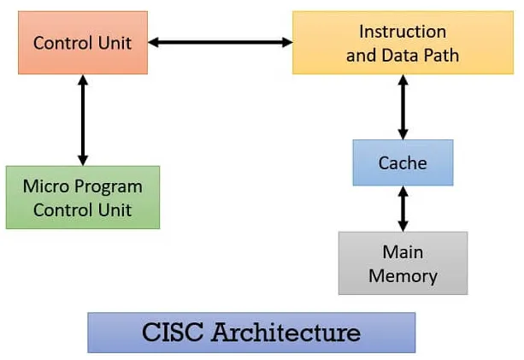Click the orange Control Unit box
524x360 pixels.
[x=82, y=42]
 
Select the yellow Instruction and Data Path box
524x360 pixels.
[x=403, y=43]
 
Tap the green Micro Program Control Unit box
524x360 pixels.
[x=82, y=197]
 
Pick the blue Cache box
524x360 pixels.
[x=402, y=162]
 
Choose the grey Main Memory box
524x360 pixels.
[x=403, y=263]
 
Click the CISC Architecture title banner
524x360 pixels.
[x=250, y=332]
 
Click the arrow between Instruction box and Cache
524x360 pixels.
[x=402, y=106]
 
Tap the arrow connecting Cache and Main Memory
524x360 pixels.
[x=402, y=208]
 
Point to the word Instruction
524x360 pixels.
[x=403, y=32]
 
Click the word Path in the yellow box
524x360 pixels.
[x=440, y=56]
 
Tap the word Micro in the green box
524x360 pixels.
[x=47, y=186]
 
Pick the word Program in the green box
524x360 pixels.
[x=107, y=187]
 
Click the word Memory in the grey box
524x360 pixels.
[x=403, y=276]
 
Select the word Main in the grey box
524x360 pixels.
[x=403, y=253]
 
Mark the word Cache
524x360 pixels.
[x=402, y=162]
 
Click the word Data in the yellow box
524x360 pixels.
[x=398, y=56]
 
